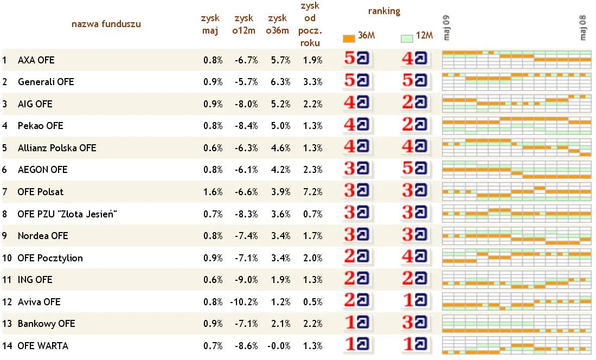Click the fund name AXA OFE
pyautogui.click(x=36, y=60)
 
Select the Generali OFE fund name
pyautogui.click(x=46, y=82)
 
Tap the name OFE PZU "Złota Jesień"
pyautogui.click(x=67, y=214)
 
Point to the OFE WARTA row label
pyautogui.click(x=43, y=346)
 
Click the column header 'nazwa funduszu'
pyautogui.click(x=106, y=24)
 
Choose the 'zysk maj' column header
pyautogui.click(x=210, y=24)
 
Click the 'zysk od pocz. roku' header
pyautogui.click(x=310, y=24)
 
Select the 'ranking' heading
pyautogui.click(x=384, y=11)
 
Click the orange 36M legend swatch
pyautogui.click(x=349, y=38)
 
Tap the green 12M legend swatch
pyautogui.click(x=406, y=38)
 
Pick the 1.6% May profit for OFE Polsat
pyautogui.click(x=213, y=192)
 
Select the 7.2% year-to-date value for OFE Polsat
pyautogui.click(x=313, y=192)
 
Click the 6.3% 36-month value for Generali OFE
pyautogui.click(x=280, y=82)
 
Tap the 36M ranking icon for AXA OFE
pyautogui.click(x=358, y=60)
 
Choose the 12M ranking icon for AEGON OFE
pyautogui.click(x=415, y=170)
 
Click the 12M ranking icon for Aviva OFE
pyautogui.click(x=415, y=302)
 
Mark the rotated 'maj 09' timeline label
pyautogui.click(x=447, y=28)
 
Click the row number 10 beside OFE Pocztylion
pyautogui.click(x=7, y=258)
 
